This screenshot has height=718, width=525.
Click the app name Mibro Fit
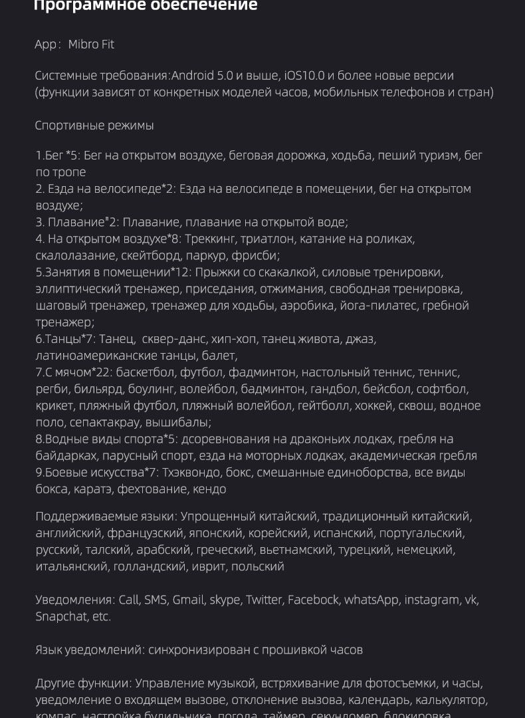click(91, 45)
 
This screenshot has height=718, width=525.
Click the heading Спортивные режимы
click(94, 126)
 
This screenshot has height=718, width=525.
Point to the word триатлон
click(266, 239)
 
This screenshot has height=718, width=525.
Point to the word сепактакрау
click(100, 422)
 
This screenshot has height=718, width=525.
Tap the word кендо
click(209, 489)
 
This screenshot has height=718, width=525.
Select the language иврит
click(209, 566)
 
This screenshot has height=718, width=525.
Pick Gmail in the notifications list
click(188, 600)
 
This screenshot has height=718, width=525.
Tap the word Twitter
click(264, 600)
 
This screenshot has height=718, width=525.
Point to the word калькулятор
click(450, 700)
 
